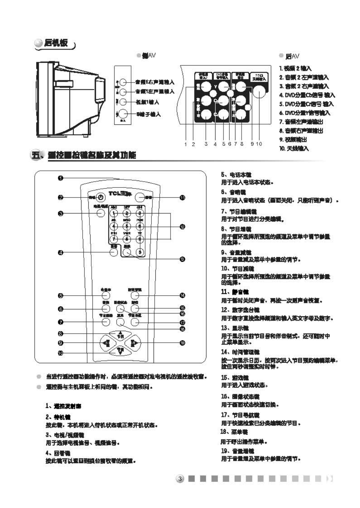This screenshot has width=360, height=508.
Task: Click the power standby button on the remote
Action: pos(101,197)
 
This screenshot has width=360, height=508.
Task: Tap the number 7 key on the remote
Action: pos(114,239)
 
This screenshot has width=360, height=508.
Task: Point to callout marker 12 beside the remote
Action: pos(182,227)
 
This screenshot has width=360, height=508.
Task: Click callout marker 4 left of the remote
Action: pos(60,253)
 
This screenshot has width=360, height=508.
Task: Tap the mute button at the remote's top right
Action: pos(139,198)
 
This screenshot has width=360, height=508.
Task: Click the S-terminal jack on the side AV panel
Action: pos(123,114)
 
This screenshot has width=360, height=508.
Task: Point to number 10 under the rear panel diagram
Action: pos(259,144)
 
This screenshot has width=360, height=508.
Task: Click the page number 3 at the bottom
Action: pos(180,479)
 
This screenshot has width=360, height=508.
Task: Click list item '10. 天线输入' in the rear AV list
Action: pos(294,148)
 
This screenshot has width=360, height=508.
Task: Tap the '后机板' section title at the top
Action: pos(56,43)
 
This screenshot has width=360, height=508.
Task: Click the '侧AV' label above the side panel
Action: pos(149,55)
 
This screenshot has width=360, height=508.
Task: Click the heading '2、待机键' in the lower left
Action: pos(58,417)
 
